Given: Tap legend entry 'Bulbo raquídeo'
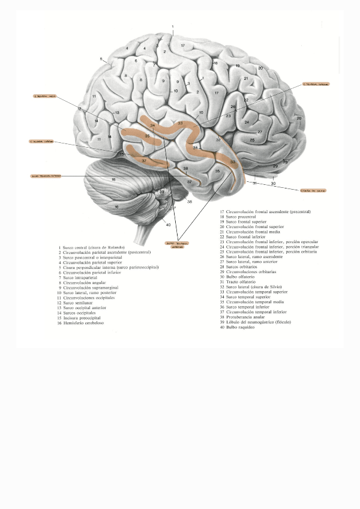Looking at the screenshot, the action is point(240,327).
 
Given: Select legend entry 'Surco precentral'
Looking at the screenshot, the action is point(240,217).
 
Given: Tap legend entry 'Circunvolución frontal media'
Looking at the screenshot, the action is point(253,232).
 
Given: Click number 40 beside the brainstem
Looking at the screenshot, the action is point(169,225).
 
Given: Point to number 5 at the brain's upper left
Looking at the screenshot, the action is point(101,58).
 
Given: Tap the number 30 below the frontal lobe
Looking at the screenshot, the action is point(273,183).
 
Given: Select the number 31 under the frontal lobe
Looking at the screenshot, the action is point(254,182).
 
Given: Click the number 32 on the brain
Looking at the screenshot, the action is point(218,140).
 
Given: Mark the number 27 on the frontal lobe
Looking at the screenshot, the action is point(260,131).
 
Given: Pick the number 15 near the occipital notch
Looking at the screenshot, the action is point(121,154).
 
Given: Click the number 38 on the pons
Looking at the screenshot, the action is point(190,202).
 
